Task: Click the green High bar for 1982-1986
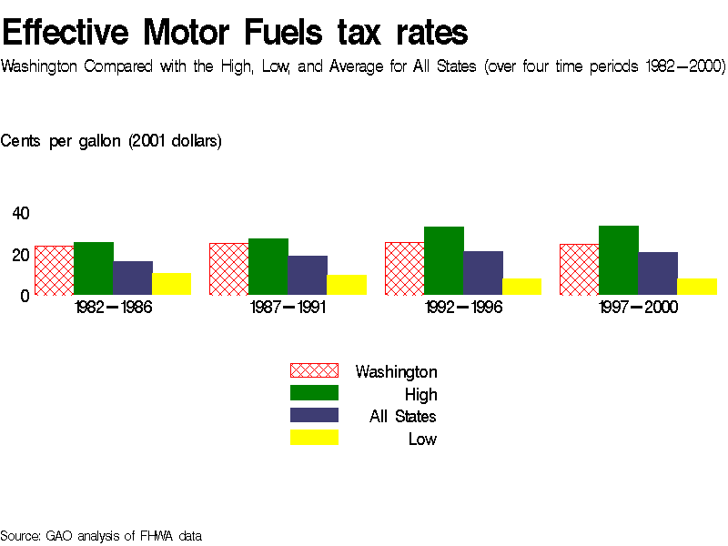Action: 93,268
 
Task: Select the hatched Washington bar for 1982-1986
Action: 54,270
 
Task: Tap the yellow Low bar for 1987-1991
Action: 347,285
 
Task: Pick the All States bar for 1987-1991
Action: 308,275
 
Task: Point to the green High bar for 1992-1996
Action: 444,260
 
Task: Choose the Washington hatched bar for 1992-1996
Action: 404,268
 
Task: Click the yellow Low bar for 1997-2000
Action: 697,287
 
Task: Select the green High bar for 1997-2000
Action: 619,260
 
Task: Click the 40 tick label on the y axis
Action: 21,214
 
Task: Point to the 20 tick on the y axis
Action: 21,255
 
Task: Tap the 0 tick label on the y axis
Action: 25,296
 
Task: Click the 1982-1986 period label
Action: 113,308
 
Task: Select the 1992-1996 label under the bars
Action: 463,308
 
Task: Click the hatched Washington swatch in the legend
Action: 314,370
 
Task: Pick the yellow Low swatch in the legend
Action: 314,438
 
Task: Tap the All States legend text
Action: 403,417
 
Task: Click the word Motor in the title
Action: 191,33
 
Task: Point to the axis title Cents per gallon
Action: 111,141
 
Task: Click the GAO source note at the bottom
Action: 101,536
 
